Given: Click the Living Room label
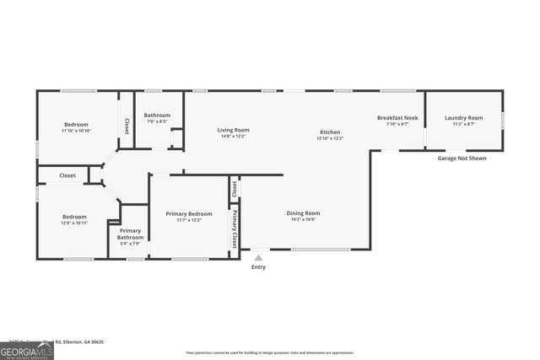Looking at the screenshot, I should pyautogui.click(x=234, y=130).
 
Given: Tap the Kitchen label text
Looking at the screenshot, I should pyautogui.click(x=330, y=132).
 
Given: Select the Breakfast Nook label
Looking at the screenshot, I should pyautogui.click(x=397, y=118).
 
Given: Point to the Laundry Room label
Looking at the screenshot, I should pyautogui.click(x=464, y=118).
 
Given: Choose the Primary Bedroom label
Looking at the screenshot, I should pyautogui.click(x=189, y=214).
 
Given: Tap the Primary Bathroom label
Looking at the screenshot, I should pyautogui.click(x=130, y=234).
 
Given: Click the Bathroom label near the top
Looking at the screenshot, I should pyautogui.click(x=157, y=116).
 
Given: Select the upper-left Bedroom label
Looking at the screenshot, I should pyautogui.click(x=76, y=125).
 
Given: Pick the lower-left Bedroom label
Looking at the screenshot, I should pyautogui.click(x=74, y=217).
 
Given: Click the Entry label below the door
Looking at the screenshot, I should pyautogui.click(x=258, y=267).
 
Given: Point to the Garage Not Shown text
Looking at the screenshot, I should pyautogui.click(x=462, y=159).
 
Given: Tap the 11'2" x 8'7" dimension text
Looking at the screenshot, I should pyautogui.click(x=464, y=124).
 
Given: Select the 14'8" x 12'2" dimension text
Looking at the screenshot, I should pyautogui.click(x=234, y=136).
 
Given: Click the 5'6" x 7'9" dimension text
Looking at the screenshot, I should pyautogui.click(x=130, y=245).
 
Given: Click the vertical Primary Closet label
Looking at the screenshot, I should pyautogui.click(x=235, y=228).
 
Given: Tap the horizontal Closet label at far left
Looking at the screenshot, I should pyautogui.click(x=67, y=175).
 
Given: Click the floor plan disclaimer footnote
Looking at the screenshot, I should pyautogui.click(x=270, y=352).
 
